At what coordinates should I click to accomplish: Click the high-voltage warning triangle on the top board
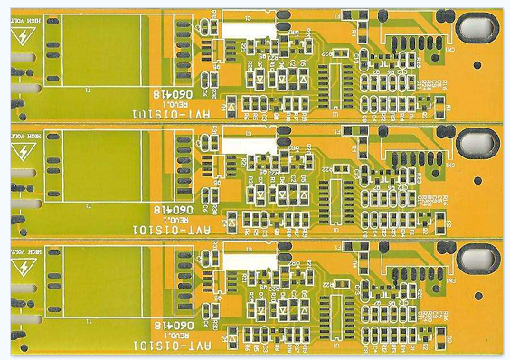click(x=19, y=37)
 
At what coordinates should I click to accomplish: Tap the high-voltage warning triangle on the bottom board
click(x=19, y=267)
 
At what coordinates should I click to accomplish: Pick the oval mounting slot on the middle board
click(x=477, y=142)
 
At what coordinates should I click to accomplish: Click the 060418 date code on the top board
click(x=171, y=95)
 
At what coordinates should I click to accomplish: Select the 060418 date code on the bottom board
click(x=171, y=325)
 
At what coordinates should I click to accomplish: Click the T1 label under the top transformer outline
click(x=88, y=91)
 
